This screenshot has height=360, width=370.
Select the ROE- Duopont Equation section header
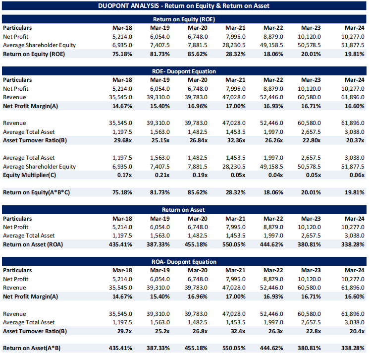point(184,71)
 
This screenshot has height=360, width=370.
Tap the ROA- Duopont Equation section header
point(184,261)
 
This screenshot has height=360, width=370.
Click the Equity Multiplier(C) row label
point(29,175)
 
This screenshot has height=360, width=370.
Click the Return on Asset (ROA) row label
point(33,244)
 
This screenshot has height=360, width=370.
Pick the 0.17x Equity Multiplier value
point(124,175)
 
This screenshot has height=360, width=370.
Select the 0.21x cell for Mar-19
point(161,175)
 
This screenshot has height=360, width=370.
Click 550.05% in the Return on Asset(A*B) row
point(233,348)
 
